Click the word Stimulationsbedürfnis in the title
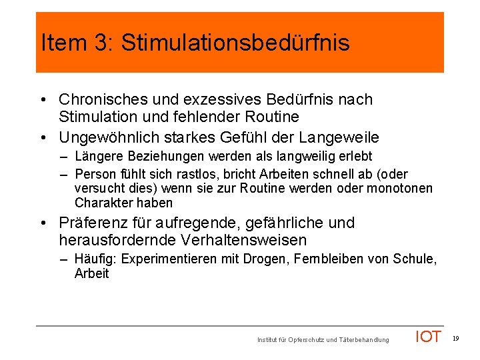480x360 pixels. coord(235,43)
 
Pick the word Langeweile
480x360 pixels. coord(339,138)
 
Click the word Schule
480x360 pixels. coord(417,259)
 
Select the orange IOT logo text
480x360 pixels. coord(428,337)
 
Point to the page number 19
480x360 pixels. coord(455,339)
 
